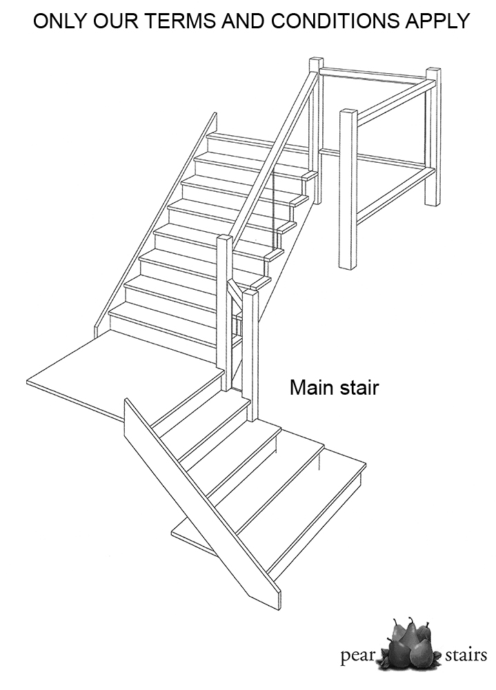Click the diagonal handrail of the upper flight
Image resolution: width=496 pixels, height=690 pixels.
pyautogui.click(x=274, y=159)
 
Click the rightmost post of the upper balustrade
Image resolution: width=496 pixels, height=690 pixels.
pyautogui.click(x=433, y=137)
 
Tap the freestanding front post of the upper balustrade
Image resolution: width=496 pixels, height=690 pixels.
pyautogui.click(x=348, y=189)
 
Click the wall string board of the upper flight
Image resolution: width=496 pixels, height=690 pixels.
pyautogui.click(x=155, y=222)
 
